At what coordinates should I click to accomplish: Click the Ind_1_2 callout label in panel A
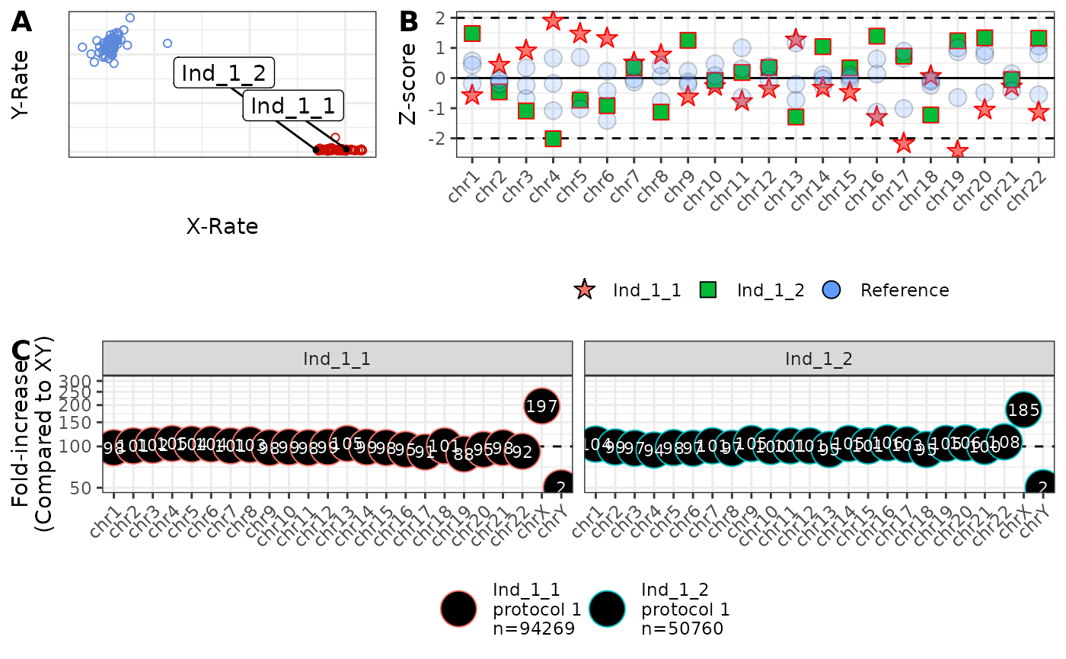223,73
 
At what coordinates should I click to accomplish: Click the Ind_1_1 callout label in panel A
292,106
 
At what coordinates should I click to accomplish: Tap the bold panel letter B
409,22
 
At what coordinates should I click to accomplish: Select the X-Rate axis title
222,226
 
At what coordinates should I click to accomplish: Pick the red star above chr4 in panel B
553,21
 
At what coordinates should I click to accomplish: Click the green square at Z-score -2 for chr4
553,139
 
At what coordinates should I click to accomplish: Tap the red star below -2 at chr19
958,150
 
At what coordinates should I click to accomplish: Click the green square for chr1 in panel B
472,34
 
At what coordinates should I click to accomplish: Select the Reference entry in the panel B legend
904,290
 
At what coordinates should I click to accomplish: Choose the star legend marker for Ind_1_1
585,290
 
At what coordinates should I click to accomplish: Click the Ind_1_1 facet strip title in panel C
337,358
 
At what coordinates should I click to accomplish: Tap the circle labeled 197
542,406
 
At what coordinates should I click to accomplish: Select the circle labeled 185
1023,410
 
